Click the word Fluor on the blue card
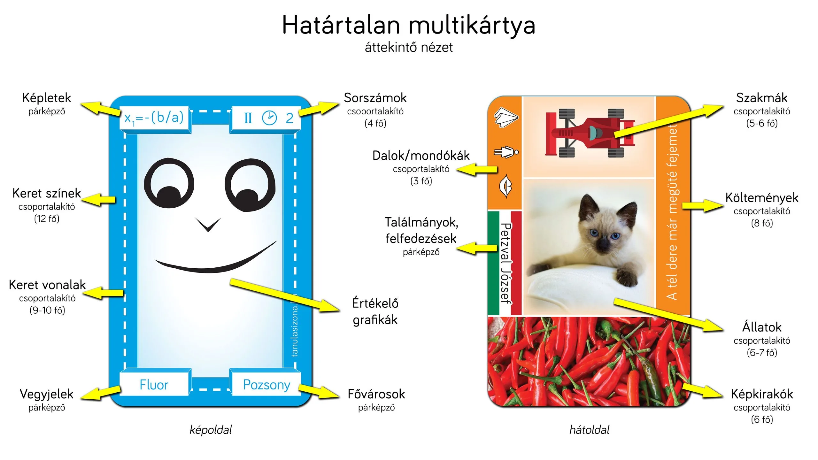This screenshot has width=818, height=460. [x=154, y=385]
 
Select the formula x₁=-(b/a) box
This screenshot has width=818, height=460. [x=155, y=119]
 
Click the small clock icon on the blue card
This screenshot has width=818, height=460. [x=269, y=118]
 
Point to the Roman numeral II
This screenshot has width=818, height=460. [x=248, y=118]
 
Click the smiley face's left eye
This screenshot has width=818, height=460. [x=169, y=184]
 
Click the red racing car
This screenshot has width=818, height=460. [x=590, y=133]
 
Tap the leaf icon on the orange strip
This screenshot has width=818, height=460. [x=505, y=186]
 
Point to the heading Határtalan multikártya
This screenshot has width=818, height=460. [x=409, y=25]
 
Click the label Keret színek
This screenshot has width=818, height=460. [x=47, y=193]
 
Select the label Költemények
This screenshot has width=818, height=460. [x=762, y=198]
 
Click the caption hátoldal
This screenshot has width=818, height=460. [x=590, y=430]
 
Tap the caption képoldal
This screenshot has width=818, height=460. [x=211, y=430]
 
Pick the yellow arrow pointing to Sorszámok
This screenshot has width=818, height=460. [x=319, y=109]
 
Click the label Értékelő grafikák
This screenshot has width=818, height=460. [x=375, y=311]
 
